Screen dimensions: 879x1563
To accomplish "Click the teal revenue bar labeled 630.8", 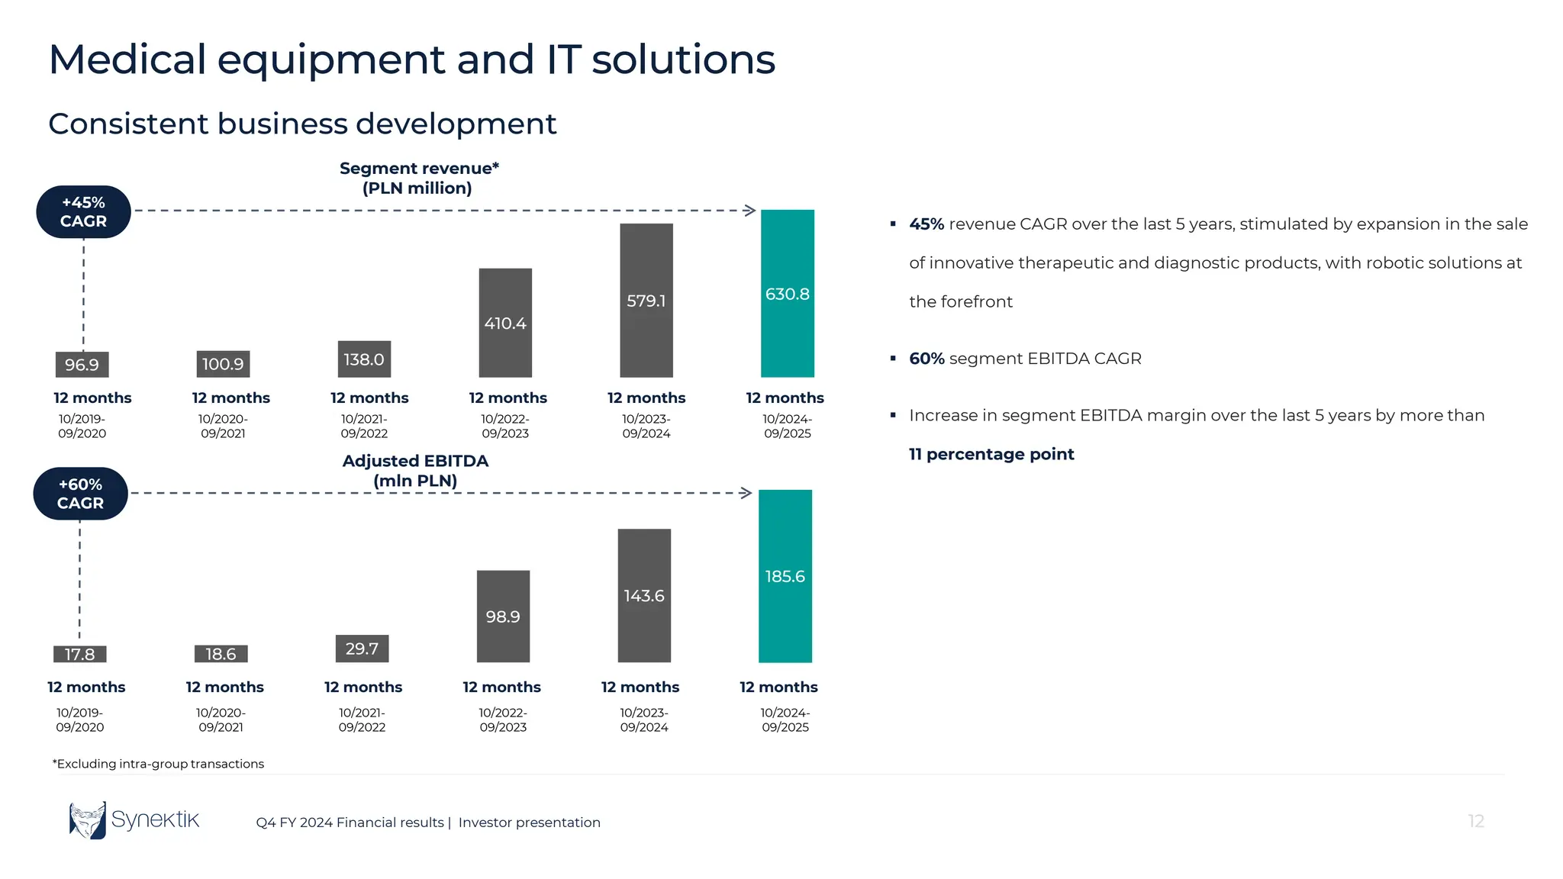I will [x=787, y=293].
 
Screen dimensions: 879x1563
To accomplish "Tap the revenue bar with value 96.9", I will [x=82, y=365].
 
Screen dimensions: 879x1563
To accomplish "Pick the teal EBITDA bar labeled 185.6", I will [x=785, y=576].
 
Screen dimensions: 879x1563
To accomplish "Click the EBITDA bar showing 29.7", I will [x=362, y=649].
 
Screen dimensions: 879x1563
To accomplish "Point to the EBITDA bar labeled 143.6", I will [x=644, y=595].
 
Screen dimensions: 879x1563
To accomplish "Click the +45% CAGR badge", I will [x=83, y=212].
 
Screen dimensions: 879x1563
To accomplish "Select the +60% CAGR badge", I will [x=80, y=494].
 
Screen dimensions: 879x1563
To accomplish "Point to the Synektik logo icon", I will [x=88, y=820].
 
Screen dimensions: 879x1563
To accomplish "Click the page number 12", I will [x=1475, y=821].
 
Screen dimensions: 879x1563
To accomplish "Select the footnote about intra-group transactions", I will [x=158, y=764].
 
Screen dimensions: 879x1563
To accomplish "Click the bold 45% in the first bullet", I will [x=926, y=224].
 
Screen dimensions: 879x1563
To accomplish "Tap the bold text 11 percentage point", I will [x=991, y=454].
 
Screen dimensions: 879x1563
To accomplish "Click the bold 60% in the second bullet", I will [x=926, y=359].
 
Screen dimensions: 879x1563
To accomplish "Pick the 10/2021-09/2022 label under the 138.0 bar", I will [x=364, y=426].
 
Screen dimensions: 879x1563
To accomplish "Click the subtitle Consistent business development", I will [x=302, y=124].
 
